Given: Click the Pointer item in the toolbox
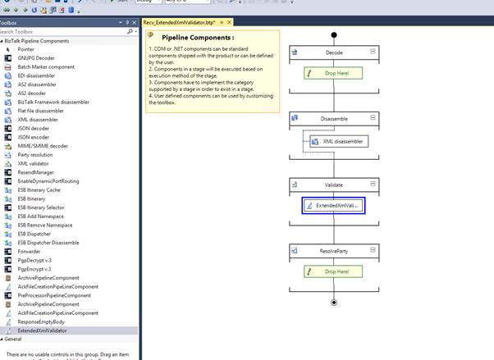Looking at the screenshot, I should (x=26, y=49).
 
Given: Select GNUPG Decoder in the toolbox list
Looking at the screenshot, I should (x=37, y=58).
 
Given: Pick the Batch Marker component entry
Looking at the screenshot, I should (x=46, y=66).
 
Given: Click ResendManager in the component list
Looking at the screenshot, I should (x=36, y=172).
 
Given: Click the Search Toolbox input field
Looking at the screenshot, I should (x=66, y=31).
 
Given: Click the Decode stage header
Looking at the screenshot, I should (x=335, y=52).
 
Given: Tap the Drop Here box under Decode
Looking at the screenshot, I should (x=333, y=74).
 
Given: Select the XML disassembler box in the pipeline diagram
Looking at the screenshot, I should (x=338, y=141).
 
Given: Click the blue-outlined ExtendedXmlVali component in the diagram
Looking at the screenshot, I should (x=335, y=206).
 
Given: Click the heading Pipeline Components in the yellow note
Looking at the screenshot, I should (x=198, y=38).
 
